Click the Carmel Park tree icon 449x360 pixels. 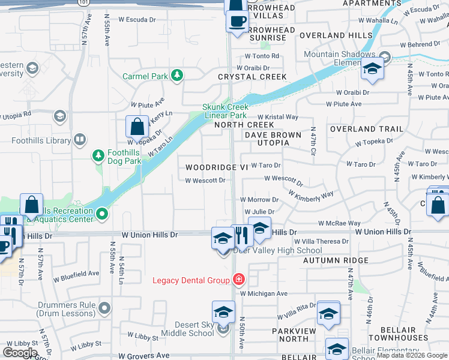tap(176, 75)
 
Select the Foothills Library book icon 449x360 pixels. tap(80, 140)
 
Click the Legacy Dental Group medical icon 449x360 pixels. tap(238, 280)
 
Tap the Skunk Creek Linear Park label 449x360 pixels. tap(225, 111)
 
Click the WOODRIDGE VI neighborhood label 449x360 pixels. tap(216, 167)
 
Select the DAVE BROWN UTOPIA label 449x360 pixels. tap(273, 139)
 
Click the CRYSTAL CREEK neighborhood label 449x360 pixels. tap(252, 77)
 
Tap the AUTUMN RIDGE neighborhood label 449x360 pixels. tap(336, 260)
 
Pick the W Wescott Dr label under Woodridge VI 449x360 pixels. tap(205, 180)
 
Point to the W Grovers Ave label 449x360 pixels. tap(147, 355)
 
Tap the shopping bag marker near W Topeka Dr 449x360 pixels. tap(137, 127)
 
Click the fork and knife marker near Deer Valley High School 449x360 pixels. tap(240, 235)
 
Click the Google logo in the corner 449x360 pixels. tap(20, 352)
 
